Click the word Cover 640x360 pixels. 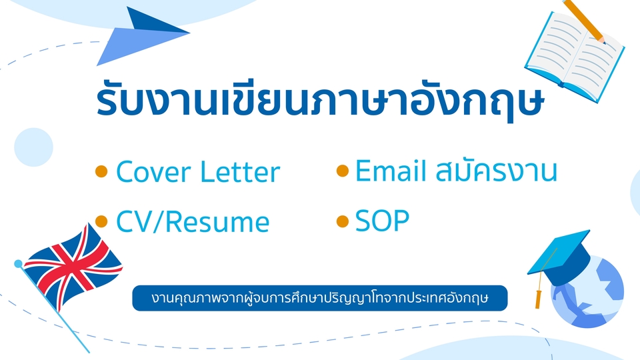coord(153,172)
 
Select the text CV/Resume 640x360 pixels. coord(193,221)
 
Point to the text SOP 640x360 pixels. coord(383,221)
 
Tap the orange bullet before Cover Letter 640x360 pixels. coord(101,171)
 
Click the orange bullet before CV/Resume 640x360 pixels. coord(101,221)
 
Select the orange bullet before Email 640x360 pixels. coord(343,171)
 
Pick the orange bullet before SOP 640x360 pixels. coord(343,221)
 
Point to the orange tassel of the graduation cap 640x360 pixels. coord(539,298)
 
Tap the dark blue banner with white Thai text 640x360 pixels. coord(320,298)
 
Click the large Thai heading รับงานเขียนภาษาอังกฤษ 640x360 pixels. coord(321,99)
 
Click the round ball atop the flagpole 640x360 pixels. coord(19,264)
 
